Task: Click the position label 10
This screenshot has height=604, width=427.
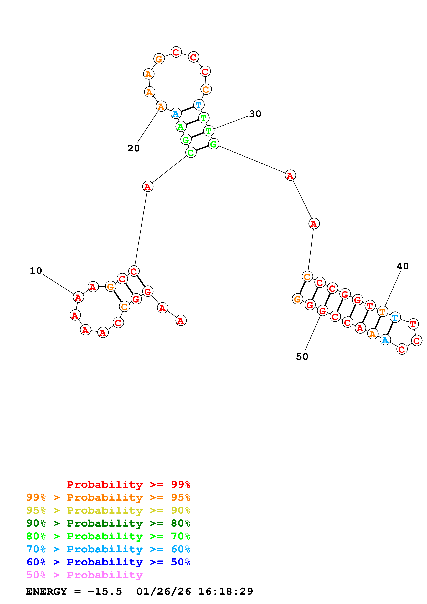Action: pos(36,271)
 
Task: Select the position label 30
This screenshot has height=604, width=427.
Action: pos(255,114)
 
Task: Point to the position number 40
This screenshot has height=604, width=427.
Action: pos(403,266)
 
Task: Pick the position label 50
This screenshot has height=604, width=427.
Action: pos(302,356)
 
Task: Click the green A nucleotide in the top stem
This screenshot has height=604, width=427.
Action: pos(181,127)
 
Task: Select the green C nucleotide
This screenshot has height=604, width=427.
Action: pos(191,152)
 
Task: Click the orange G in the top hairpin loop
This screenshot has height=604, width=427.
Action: pos(159,59)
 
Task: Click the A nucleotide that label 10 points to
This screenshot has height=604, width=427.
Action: pos(78,297)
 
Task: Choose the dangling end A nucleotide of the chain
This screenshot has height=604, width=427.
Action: pos(181,320)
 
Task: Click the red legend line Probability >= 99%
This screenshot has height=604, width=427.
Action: pos(128,485)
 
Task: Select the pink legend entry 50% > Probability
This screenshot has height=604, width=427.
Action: pos(84,575)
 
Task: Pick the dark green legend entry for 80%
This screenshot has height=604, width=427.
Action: pos(108,523)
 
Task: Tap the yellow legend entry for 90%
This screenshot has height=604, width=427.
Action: pos(108,510)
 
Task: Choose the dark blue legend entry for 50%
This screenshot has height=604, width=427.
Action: pos(108,562)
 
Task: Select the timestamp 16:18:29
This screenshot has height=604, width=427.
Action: pos(225,592)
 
